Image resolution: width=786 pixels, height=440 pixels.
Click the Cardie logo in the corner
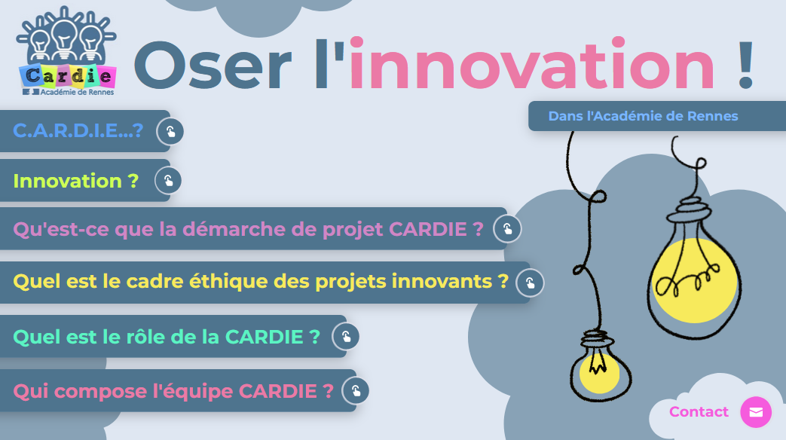tap(66, 51)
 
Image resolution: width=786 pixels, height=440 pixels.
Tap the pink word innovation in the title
tap(531, 64)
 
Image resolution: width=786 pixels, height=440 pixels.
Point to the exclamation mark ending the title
tap(745, 65)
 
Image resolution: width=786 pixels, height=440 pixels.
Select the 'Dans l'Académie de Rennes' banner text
tap(643, 116)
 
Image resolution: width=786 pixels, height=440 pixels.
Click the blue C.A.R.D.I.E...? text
tap(78, 131)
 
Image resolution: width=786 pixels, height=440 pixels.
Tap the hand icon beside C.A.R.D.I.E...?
tap(170, 131)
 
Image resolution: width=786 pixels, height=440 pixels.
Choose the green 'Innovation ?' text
tap(75, 181)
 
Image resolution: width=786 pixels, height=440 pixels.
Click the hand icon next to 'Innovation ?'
tap(168, 180)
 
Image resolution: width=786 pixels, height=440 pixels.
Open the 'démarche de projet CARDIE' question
tap(248, 230)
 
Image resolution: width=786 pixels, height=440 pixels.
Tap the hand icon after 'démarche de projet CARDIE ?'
tap(507, 228)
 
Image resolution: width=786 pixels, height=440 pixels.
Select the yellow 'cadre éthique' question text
tap(261, 282)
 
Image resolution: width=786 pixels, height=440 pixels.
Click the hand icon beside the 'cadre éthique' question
tap(530, 283)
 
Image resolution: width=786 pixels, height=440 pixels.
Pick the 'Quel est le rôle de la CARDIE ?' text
tap(167, 337)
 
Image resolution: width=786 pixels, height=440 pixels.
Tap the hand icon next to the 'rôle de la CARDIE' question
tap(345, 336)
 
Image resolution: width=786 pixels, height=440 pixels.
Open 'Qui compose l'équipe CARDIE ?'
tap(173, 391)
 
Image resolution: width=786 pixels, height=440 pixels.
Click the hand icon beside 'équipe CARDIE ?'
tap(356, 390)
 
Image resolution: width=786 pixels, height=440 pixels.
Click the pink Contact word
tap(699, 412)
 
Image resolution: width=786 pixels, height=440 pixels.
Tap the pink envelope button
tap(756, 412)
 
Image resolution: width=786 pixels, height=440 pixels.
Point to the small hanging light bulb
tap(600, 365)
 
